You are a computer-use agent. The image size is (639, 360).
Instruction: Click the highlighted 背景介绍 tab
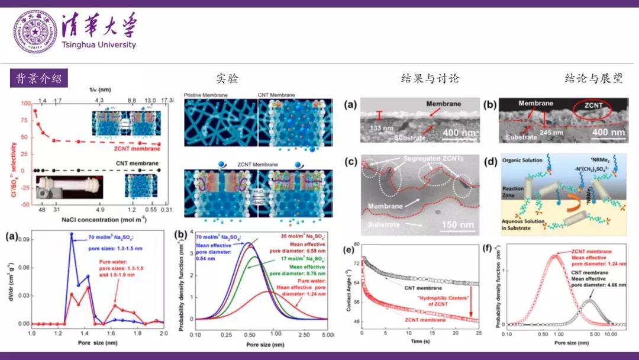pos(38,78)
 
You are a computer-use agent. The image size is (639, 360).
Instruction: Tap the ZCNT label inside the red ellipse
pos(594,105)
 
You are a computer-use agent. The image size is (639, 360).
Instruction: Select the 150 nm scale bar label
pos(454,225)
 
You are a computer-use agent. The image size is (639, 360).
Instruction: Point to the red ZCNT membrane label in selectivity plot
pos(137,149)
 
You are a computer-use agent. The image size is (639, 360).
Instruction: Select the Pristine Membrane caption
pos(207,95)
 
